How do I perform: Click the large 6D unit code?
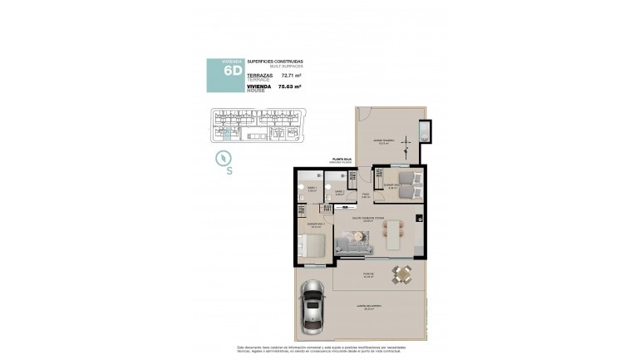233,71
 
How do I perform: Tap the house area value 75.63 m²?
290,86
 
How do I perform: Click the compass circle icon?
223,157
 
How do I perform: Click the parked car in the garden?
313,305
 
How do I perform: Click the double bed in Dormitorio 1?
313,244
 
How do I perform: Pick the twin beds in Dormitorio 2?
406,185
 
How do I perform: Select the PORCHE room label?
367,274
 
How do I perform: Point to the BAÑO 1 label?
313,189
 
